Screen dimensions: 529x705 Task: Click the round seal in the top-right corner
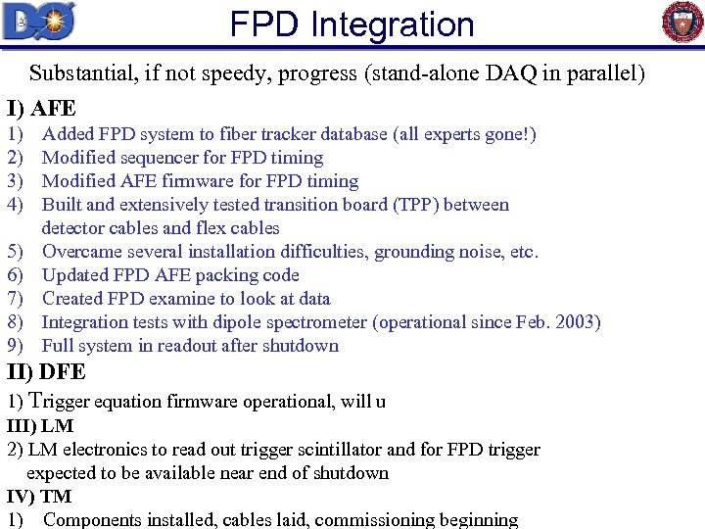click(x=682, y=22)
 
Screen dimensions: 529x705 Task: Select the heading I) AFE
click(x=41, y=108)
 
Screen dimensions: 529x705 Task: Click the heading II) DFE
click(x=46, y=372)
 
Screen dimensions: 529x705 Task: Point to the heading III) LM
click(x=40, y=426)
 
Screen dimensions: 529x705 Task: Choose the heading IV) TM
click(x=39, y=497)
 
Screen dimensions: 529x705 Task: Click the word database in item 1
click(x=348, y=134)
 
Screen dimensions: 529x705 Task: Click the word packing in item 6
click(x=222, y=275)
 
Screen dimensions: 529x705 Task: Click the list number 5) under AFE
click(x=15, y=252)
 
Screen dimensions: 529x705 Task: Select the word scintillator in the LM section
click(x=296, y=450)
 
